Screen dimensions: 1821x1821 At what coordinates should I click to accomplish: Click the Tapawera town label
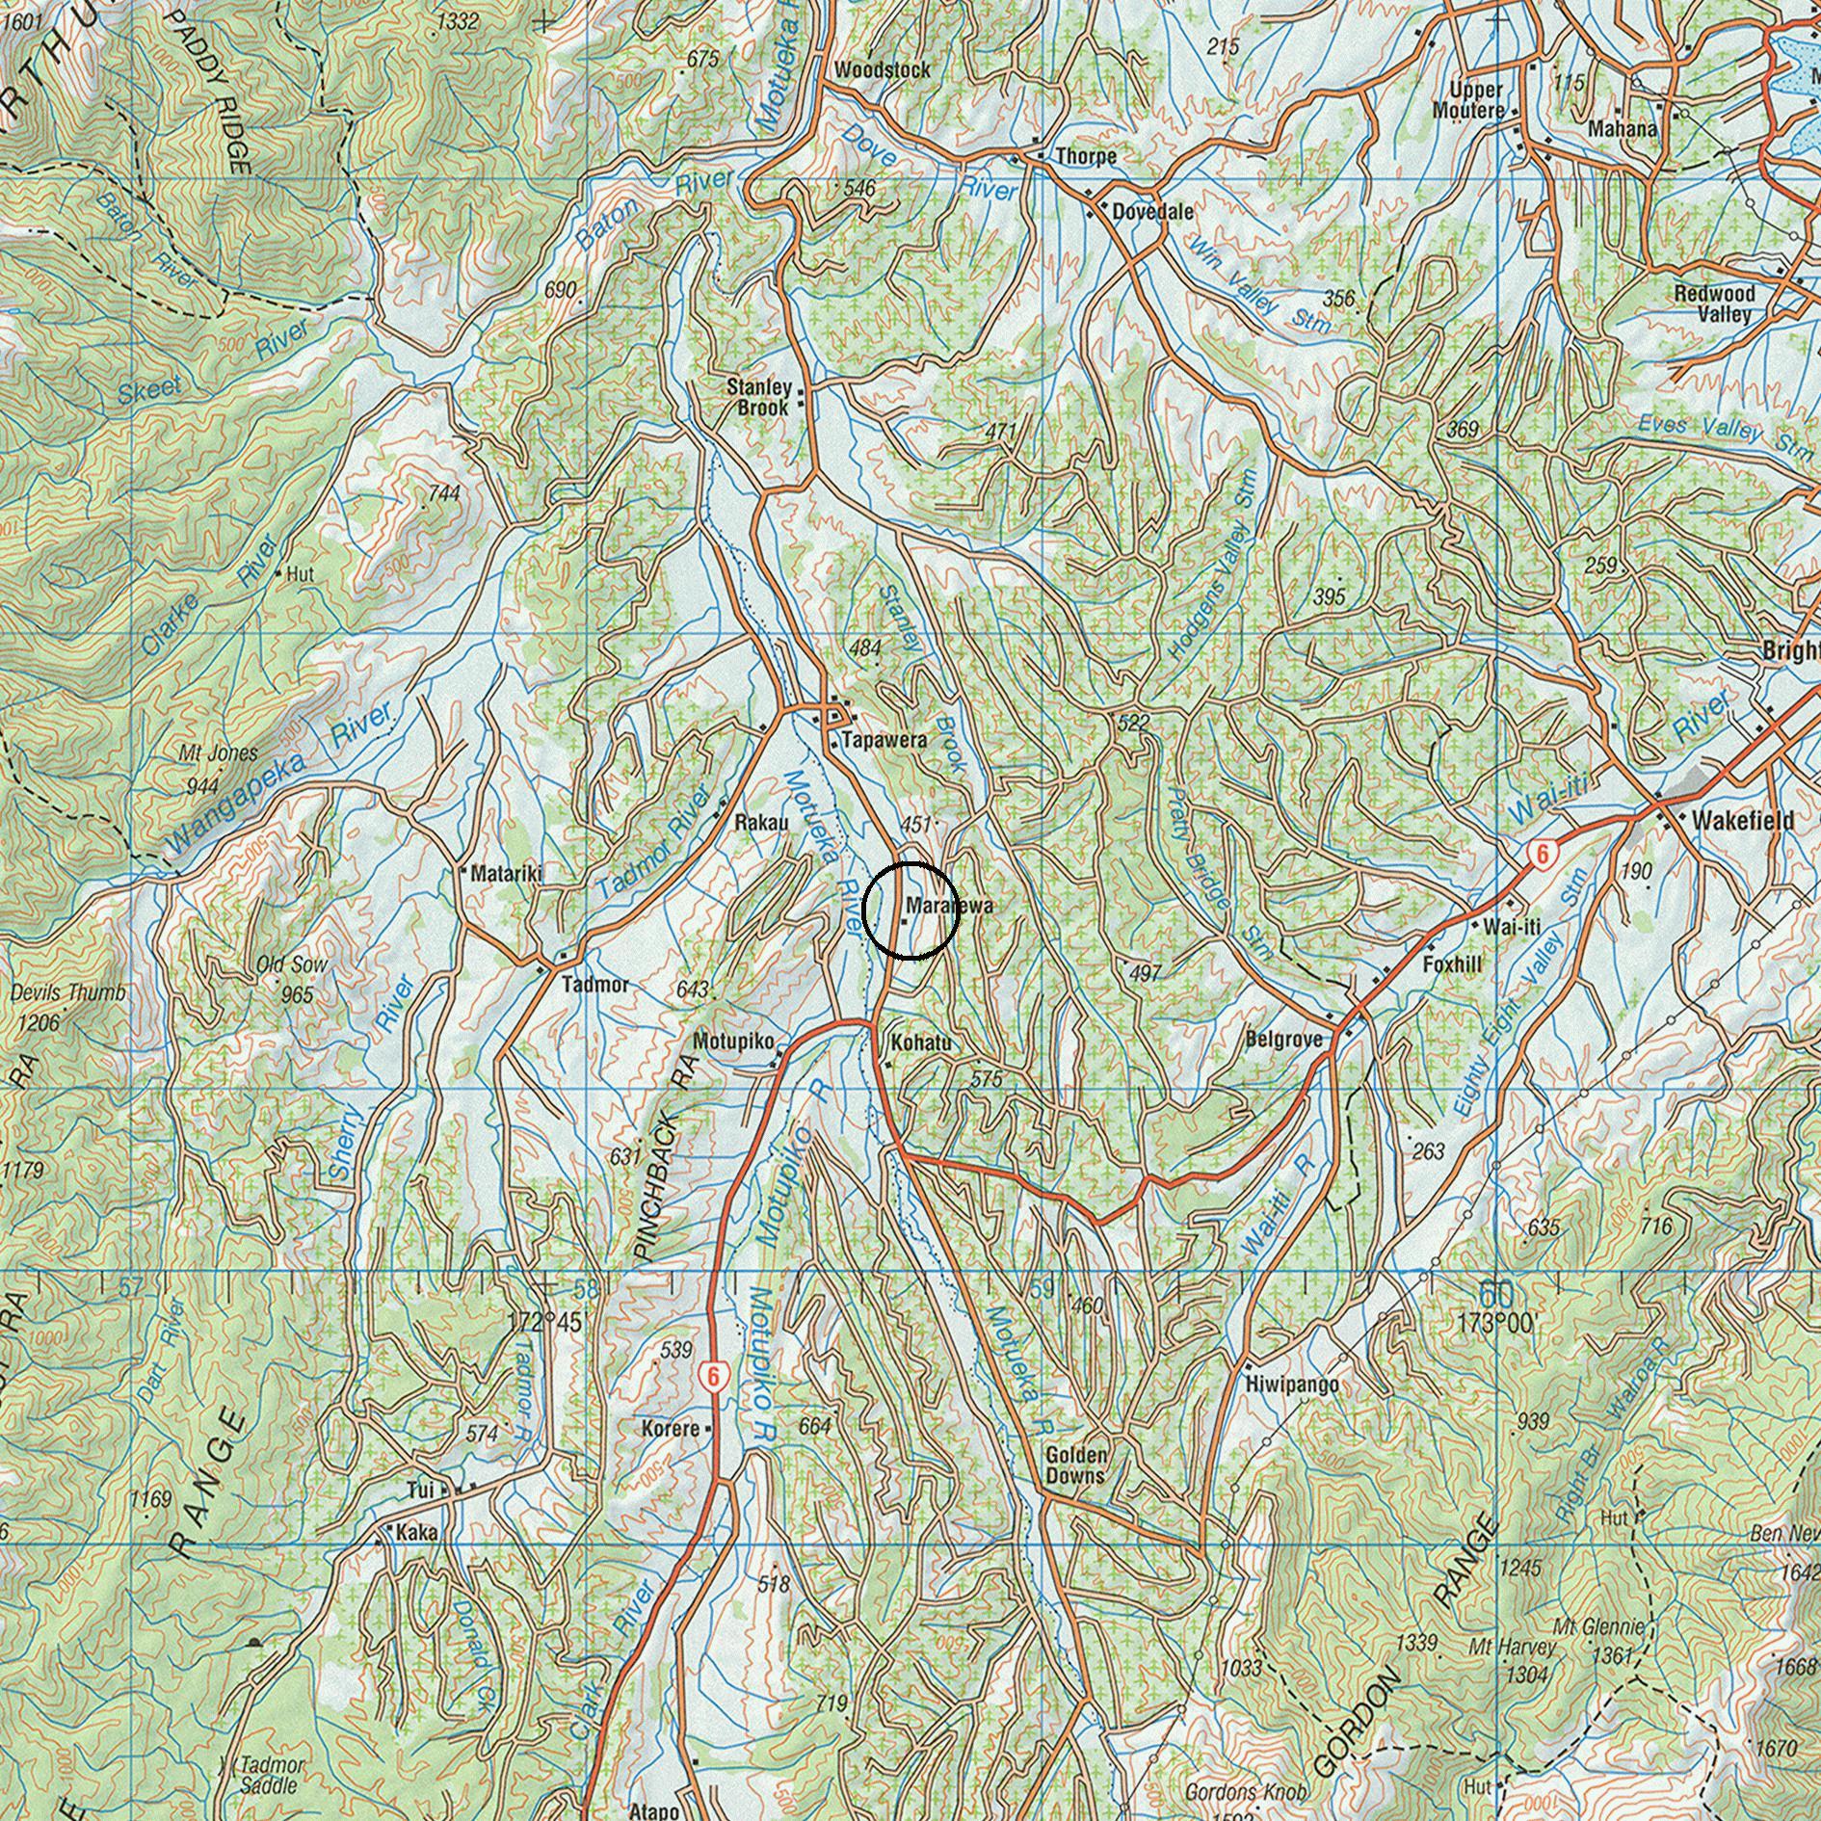(x=883, y=740)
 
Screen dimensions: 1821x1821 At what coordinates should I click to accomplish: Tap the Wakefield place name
(x=1742, y=820)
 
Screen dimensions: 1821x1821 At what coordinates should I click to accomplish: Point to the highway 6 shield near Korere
(x=711, y=1376)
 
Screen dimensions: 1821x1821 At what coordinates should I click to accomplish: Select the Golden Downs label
(x=1075, y=1465)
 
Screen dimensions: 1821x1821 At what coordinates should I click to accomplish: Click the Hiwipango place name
(x=1291, y=1386)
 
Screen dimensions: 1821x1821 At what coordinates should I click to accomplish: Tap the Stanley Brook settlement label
(x=759, y=397)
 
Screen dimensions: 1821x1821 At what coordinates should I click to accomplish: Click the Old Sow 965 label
(x=292, y=977)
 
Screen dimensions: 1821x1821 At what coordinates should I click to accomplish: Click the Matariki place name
(x=506, y=874)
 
